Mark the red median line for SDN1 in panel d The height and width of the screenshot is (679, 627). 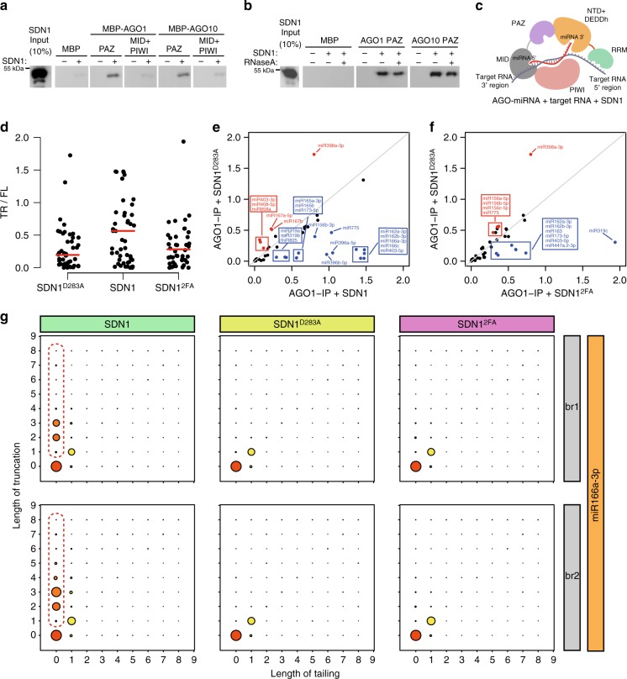click(x=124, y=230)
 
